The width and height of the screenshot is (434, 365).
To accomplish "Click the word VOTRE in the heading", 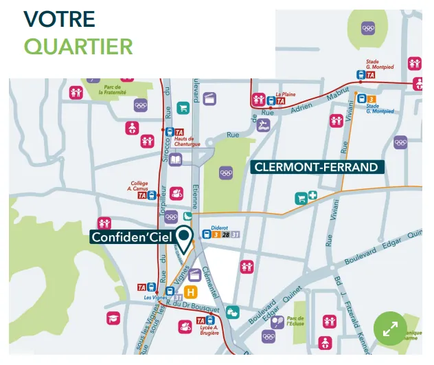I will click(60, 19).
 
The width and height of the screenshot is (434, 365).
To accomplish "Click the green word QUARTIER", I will click(78, 46).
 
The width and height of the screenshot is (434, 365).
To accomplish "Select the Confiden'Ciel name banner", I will click(131, 237).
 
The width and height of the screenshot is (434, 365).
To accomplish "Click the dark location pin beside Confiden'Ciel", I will click(184, 240).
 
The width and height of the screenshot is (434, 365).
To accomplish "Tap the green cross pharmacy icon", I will click(312, 197).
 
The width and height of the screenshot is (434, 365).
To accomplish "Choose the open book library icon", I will click(176, 159).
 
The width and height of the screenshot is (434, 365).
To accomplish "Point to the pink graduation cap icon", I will click(113, 318).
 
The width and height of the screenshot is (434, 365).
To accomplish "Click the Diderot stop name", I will click(219, 226).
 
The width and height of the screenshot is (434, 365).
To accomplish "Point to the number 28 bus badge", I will click(225, 235).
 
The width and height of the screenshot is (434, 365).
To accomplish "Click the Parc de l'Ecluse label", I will click(295, 322).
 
